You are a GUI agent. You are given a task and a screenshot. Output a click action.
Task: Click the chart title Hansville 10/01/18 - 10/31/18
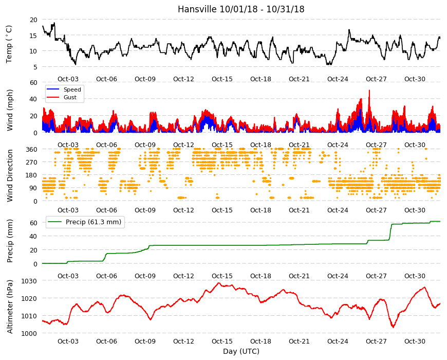pos(241,9)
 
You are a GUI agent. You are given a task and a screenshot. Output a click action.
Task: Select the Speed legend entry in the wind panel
pos(64,89)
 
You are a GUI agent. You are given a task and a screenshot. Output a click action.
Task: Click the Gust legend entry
pos(62,97)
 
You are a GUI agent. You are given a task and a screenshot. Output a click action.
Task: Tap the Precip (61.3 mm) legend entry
pos(84,222)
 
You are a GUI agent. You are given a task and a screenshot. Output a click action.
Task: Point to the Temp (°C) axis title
pos(9,44)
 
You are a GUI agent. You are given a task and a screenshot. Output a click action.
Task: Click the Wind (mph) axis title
pos(10,110)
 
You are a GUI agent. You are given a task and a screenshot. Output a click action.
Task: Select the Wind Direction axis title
pos(10,175)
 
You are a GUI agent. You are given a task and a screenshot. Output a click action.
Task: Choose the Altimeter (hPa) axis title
pos(10,307)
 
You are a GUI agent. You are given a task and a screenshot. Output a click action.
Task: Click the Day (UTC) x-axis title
pos(241,351)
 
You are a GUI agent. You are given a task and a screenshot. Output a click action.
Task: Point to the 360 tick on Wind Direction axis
pos(31,149)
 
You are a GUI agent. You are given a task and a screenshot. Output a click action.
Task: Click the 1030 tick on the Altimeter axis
pos(29,281)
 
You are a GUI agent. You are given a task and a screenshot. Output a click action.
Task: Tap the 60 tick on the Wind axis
pos(33,82)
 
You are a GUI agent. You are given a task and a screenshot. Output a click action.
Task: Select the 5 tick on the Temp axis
pos(35,67)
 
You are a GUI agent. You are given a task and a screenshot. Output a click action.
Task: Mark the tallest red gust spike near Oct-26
pos(369,91)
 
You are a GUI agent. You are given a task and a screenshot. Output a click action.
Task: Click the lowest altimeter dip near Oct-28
pos(393,327)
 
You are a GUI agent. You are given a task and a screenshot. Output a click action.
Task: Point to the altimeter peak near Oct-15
pos(219,283)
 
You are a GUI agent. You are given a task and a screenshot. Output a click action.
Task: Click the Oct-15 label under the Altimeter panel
pos(222,341)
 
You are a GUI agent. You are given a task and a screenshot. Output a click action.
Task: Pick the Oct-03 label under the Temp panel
pos(68,79)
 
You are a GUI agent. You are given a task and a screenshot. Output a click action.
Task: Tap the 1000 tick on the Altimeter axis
pos(29,333)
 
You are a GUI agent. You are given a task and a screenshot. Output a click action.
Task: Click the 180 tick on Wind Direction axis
pos(31,175)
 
